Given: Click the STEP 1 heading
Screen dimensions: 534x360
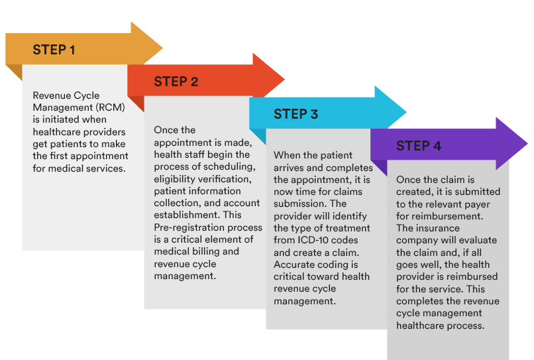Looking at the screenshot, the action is click(54, 50).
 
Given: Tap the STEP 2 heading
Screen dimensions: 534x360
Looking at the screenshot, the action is click(176, 82).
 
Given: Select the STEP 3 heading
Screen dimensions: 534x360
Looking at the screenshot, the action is click(295, 114).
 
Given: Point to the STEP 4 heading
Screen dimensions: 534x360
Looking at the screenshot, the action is click(419, 146).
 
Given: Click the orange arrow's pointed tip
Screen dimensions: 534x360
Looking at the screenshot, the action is click(162, 48).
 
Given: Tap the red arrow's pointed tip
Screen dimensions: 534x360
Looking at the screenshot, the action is click(284, 80).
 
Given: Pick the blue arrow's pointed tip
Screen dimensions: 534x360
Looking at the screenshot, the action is click(406, 112).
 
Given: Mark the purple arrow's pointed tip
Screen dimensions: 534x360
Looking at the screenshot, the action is click(527, 144).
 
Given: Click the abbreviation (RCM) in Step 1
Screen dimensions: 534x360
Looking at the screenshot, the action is click(111, 107).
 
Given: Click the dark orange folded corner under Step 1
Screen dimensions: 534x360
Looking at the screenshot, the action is click(14, 72).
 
